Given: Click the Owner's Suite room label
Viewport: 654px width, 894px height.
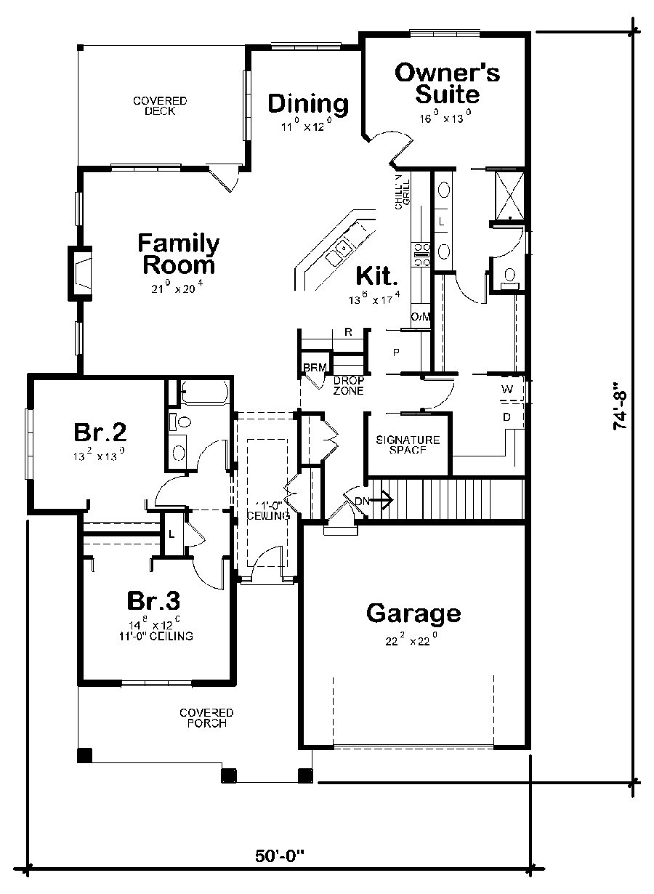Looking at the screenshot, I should [x=447, y=84].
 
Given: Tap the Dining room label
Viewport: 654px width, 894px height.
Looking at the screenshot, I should [x=308, y=104].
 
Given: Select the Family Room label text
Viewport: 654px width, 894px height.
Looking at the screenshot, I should [x=179, y=253].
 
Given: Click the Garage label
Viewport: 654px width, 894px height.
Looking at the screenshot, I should [x=413, y=613].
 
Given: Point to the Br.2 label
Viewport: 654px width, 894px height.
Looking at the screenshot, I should [x=100, y=432].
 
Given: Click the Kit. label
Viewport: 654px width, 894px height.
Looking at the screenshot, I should [x=377, y=276].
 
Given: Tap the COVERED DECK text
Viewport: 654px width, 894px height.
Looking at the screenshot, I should [x=160, y=105].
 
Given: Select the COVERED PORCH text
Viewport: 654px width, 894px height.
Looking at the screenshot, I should [x=206, y=717].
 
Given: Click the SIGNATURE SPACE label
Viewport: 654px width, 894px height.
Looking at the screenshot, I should [x=408, y=445].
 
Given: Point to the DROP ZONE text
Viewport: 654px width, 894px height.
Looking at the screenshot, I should [x=348, y=385].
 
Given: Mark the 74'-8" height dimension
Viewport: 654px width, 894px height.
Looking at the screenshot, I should [x=620, y=407].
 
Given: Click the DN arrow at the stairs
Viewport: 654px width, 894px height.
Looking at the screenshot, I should [x=374, y=500].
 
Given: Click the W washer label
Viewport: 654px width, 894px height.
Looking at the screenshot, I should [x=507, y=390].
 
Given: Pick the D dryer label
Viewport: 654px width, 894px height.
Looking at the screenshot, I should [x=507, y=416].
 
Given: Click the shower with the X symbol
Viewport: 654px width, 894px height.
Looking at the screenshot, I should [x=509, y=194].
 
